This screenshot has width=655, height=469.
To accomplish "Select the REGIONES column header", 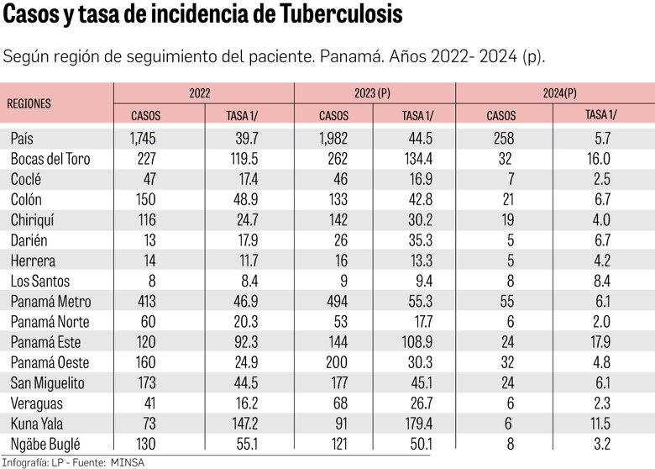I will (29, 103).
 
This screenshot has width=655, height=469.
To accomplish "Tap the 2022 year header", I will (200, 93).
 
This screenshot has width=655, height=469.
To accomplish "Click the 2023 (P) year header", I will (374, 93).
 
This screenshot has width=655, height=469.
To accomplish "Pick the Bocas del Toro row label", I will (50, 159).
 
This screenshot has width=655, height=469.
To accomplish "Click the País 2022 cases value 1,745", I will (144, 139).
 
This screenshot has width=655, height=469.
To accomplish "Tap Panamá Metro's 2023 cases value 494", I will (334, 301).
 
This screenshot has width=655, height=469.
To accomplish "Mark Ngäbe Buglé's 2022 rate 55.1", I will (241, 443).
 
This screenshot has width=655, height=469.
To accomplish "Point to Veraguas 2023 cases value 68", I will (338, 403).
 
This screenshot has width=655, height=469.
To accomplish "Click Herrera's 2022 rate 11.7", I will (243, 261).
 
